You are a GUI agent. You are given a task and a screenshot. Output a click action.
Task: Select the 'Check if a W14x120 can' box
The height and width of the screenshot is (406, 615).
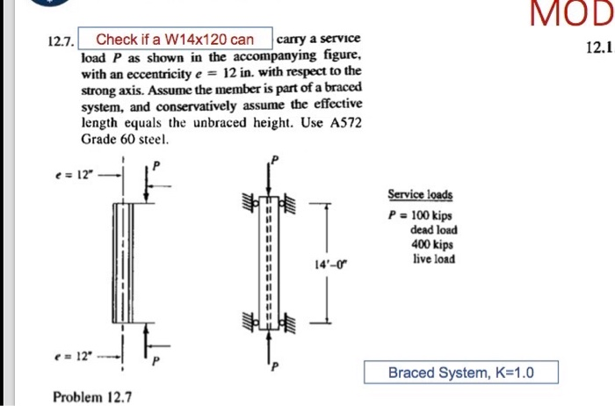[x=175, y=40]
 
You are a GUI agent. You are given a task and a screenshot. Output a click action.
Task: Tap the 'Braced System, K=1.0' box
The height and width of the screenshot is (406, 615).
[x=461, y=373]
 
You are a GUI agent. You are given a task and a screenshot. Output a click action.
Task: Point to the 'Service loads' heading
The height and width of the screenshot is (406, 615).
[x=415, y=194]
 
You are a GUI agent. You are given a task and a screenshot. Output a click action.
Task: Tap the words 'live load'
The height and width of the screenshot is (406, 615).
[x=433, y=258]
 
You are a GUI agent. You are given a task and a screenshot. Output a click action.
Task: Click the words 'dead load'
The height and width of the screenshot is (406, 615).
[x=433, y=230]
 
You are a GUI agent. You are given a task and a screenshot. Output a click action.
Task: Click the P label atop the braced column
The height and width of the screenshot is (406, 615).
[x=274, y=160]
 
